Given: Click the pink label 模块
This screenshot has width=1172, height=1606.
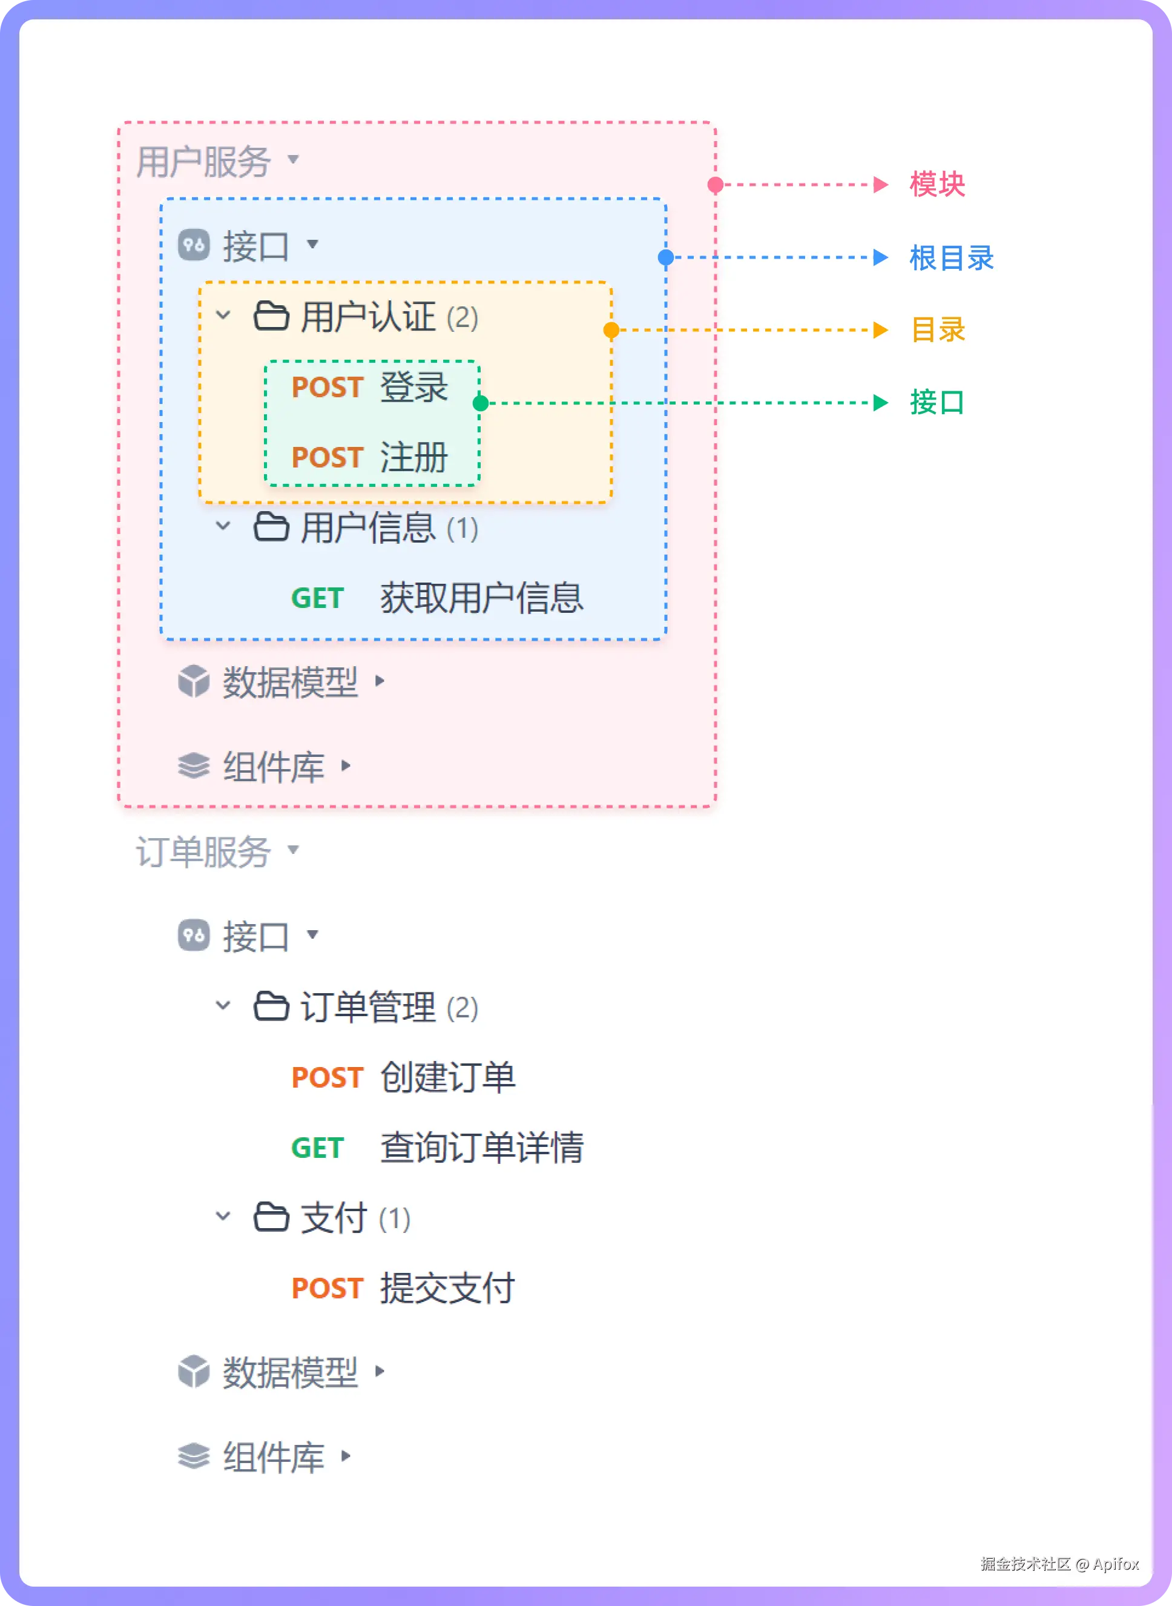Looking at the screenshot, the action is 937,185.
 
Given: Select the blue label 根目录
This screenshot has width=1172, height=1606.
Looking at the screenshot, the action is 952,257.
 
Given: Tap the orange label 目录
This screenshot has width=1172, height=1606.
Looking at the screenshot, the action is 938,330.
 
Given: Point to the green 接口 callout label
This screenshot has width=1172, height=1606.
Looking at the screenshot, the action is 937,402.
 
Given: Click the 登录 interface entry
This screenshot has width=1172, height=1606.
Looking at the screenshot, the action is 413,388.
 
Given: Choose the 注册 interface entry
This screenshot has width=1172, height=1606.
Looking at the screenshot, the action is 413,457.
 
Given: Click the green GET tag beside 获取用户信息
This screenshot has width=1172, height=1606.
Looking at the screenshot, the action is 317,598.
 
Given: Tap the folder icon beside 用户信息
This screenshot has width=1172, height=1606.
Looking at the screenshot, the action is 271,527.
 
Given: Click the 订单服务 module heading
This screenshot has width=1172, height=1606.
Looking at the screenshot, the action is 203,851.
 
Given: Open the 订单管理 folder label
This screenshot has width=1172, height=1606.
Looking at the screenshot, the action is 367,1007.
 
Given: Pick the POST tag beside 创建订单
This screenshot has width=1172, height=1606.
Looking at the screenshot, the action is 327,1077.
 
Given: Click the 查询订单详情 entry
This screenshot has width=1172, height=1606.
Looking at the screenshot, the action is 482,1148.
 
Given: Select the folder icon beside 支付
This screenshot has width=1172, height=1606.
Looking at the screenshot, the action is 271,1217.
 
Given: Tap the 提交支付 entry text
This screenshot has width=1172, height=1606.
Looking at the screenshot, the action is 447,1288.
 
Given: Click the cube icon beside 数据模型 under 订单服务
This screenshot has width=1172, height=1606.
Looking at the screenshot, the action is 194,1372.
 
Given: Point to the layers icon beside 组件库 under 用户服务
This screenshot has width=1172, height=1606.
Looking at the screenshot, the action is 194,765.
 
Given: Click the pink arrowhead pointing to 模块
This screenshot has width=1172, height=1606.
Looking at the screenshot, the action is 881,185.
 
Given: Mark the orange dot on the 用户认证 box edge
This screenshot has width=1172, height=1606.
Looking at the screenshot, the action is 611,330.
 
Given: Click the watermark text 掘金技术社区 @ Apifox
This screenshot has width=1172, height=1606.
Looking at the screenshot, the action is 1060,1564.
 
